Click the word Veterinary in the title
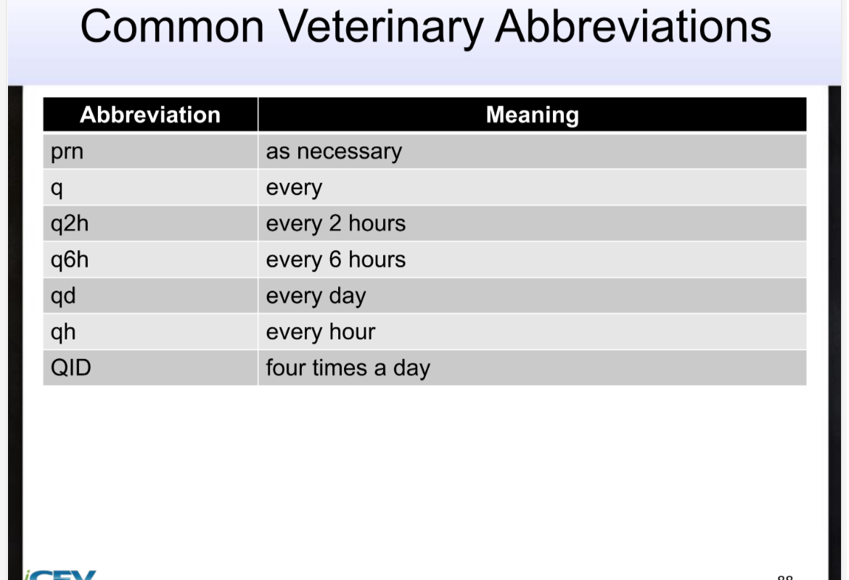click(x=382, y=27)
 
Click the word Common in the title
click(x=172, y=27)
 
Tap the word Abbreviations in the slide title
click(x=633, y=27)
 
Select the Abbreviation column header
click(x=150, y=115)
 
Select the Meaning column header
click(x=532, y=115)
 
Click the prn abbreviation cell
click(x=67, y=152)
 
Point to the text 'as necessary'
click(x=334, y=152)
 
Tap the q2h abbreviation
click(x=70, y=223)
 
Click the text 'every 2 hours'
click(x=336, y=223)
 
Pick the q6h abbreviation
click(x=70, y=260)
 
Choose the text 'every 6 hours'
click(x=336, y=260)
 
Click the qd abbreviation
click(x=63, y=296)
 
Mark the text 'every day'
click(x=316, y=296)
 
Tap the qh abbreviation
click(x=63, y=332)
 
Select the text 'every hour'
click(x=321, y=332)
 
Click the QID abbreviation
click(x=71, y=368)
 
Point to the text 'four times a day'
click(x=348, y=368)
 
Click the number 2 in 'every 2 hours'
click(x=335, y=223)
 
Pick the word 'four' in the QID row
click(x=286, y=368)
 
